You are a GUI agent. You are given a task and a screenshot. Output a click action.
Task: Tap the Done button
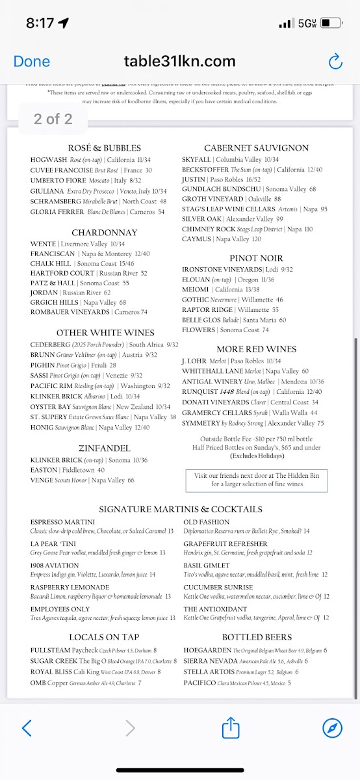tap(31, 62)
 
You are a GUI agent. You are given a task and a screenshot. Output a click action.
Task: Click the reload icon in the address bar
tap(335, 62)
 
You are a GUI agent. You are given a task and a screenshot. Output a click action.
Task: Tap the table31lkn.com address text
tap(180, 62)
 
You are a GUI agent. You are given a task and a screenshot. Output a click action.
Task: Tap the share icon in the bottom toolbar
tap(231, 727)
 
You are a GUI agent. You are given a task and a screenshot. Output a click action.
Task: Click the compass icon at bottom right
tap(332, 727)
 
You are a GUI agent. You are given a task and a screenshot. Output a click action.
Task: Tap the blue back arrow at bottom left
tap(27, 727)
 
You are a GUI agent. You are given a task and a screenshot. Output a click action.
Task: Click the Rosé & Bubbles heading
tap(104, 148)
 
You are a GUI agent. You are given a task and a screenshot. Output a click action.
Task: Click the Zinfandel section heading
tap(104, 448)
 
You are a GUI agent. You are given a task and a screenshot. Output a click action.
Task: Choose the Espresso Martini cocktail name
tap(62, 522)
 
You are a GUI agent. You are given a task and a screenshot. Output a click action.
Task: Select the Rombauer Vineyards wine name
tap(70, 312)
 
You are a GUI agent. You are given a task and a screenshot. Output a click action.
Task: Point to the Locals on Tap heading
tap(104, 637)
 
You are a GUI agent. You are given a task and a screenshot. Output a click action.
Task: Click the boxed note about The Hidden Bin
tap(256, 480)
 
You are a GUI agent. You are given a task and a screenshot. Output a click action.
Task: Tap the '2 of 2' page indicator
tap(53, 119)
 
